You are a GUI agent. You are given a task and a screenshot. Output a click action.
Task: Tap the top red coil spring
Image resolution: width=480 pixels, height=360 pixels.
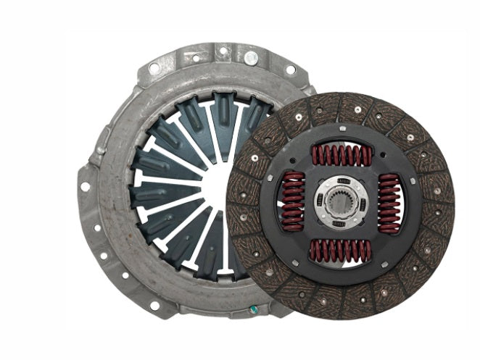coord(341,155)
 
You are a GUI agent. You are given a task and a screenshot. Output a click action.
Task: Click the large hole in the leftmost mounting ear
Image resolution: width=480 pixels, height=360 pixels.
coord(86,186)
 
